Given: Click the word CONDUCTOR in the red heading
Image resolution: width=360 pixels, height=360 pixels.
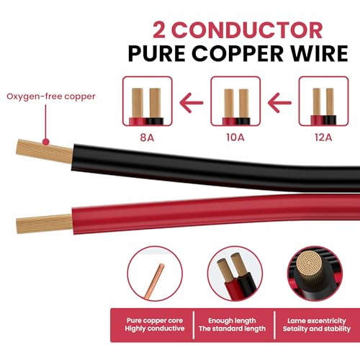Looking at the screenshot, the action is tap(248, 30).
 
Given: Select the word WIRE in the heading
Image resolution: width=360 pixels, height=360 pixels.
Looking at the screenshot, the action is tap(319, 53).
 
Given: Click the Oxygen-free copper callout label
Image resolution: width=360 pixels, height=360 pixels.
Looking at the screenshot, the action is tap(51, 96).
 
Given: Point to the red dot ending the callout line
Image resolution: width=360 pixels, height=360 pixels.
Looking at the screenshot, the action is tap(46, 142).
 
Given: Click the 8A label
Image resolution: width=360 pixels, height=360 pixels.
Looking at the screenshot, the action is tap(147, 138).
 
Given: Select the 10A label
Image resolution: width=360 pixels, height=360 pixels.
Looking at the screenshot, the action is tap(235, 138).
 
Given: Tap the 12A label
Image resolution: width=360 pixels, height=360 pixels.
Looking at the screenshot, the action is tap(323, 138).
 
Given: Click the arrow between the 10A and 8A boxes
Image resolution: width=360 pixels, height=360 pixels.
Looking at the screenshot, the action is tap(192, 103).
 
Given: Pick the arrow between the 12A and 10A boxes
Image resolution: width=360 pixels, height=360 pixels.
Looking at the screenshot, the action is tap(279, 103).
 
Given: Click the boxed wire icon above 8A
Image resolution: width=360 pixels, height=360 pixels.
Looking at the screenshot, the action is tap(148, 101).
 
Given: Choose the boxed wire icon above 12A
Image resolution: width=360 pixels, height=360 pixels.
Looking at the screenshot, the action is tap(323, 101).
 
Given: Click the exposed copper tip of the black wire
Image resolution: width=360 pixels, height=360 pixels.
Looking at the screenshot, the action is tap(45, 151).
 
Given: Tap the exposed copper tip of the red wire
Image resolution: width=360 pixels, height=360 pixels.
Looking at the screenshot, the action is tap(45, 223).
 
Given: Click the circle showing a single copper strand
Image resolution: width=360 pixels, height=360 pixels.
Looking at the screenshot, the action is tap(155, 274).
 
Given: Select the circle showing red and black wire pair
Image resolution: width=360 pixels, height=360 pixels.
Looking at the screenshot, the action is tap(235, 274).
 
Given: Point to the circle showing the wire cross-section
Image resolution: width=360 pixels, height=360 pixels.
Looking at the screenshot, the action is tap(315, 274).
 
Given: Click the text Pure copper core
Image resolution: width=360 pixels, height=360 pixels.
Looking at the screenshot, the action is tap(155, 320).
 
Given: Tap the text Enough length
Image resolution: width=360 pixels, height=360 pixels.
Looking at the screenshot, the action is tap(232, 320).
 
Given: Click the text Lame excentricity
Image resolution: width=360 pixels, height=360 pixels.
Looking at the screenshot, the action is tap(317, 320).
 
